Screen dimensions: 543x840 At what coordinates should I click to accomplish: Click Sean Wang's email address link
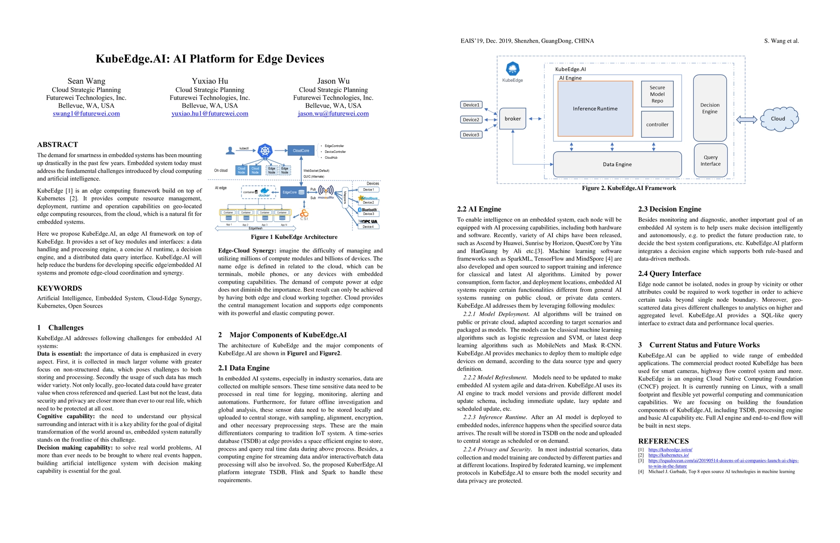[x=86, y=114]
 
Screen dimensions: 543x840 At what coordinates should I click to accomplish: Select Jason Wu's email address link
[x=333, y=114]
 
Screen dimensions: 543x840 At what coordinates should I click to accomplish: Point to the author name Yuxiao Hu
[x=210, y=81]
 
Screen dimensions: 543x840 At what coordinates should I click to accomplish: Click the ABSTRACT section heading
[x=58, y=145]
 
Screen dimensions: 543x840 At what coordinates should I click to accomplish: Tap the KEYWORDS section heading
[x=59, y=288]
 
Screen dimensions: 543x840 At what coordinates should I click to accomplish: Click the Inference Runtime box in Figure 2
[x=595, y=109]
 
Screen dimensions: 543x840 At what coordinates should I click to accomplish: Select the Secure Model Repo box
[x=657, y=94]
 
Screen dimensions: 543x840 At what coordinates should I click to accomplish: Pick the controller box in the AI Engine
[x=657, y=124]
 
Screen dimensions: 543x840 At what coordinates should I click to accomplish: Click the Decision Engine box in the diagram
[x=710, y=108]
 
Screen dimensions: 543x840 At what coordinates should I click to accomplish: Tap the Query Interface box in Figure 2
[x=710, y=161]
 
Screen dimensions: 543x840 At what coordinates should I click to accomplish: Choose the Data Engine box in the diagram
[x=617, y=164]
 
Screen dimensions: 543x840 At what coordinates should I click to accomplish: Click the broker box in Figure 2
[x=512, y=119]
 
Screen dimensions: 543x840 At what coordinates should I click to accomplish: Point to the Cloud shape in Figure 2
[x=778, y=119]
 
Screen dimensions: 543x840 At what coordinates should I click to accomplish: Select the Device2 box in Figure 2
[x=471, y=120]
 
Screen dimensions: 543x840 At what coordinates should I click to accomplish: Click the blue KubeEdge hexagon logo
[x=512, y=69]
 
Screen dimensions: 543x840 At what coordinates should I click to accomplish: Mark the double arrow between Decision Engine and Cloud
[x=747, y=119]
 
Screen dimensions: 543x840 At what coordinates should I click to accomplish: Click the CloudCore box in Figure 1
[x=301, y=151]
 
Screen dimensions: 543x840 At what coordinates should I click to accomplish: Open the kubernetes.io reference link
[x=668, y=455]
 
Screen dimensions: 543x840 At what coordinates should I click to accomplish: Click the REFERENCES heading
[x=663, y=441]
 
